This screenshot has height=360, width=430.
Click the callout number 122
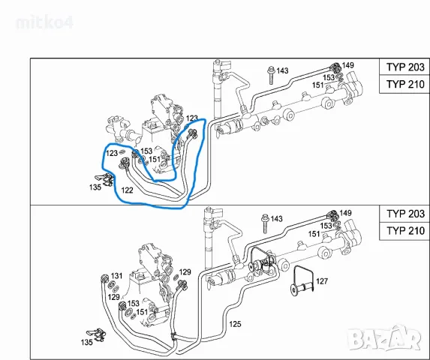click(127, 190)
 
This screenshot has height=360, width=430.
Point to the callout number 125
click(235, 324)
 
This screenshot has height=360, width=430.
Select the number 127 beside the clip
click(322, 281)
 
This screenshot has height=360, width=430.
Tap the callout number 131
click(116, 275)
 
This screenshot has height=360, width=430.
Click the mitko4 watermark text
click(45, 22)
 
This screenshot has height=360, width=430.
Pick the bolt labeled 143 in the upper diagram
click(271, 74)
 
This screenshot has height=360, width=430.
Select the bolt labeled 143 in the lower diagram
click(265, 223)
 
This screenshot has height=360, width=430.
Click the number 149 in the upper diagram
click(347, 65)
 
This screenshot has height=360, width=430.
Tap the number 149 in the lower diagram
click(345, 213)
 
